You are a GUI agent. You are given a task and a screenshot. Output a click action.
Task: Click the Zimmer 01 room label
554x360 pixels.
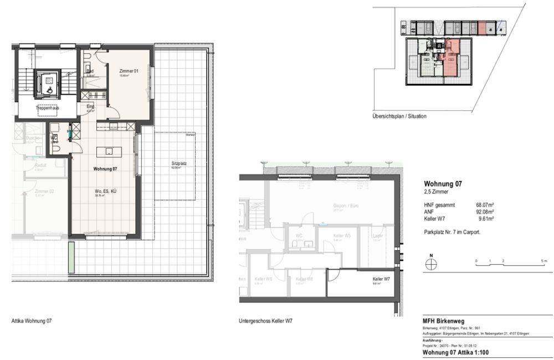coord(128,71)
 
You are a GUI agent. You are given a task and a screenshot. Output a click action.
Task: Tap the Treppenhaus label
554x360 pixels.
coord(48,108)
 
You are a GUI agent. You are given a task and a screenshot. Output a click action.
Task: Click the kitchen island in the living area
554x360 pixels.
coord(107,151)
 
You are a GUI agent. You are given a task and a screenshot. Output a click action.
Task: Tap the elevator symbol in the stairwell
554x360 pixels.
coord(49,85)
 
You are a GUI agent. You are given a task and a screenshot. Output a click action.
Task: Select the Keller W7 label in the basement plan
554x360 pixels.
coord(381,279)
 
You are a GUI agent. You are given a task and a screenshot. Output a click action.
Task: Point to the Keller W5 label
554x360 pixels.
coord(342,236)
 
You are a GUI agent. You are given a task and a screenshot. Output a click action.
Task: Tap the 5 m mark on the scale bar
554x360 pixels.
coord(545,260)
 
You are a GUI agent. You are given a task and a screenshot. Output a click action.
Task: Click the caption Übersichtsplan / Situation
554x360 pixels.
coord(399,116)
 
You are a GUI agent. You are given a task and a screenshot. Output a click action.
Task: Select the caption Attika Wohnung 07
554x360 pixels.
coord(32,321)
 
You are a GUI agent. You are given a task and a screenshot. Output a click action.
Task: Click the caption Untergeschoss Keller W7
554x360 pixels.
coord(265,321)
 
